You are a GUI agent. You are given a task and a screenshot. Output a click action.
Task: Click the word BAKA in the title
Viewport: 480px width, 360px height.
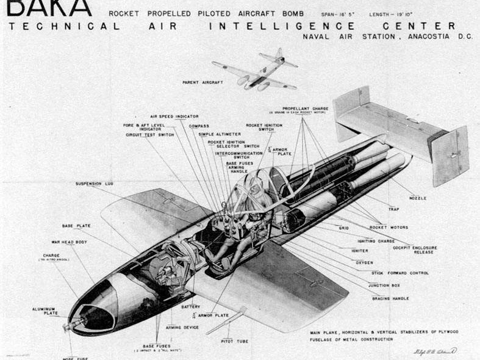pos(49,7)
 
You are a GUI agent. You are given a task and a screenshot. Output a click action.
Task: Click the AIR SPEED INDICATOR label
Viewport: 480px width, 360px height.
pos(174,116)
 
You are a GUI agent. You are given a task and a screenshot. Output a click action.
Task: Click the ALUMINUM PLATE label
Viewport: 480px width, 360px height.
pos(44,311)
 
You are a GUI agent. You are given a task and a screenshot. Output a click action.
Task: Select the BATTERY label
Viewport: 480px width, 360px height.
pos(190,306)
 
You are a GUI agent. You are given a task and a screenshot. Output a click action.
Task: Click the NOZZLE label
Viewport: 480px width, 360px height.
pos(418,198)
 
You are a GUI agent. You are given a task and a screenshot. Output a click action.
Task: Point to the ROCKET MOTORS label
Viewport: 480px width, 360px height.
pos(389,228)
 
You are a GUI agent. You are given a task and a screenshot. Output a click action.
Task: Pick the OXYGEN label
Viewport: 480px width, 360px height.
pos(365,263)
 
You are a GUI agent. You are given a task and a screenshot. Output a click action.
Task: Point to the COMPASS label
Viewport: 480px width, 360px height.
pos(199,126)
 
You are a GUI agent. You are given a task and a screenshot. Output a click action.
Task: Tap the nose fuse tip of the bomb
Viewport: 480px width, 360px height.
pos(65,328)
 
